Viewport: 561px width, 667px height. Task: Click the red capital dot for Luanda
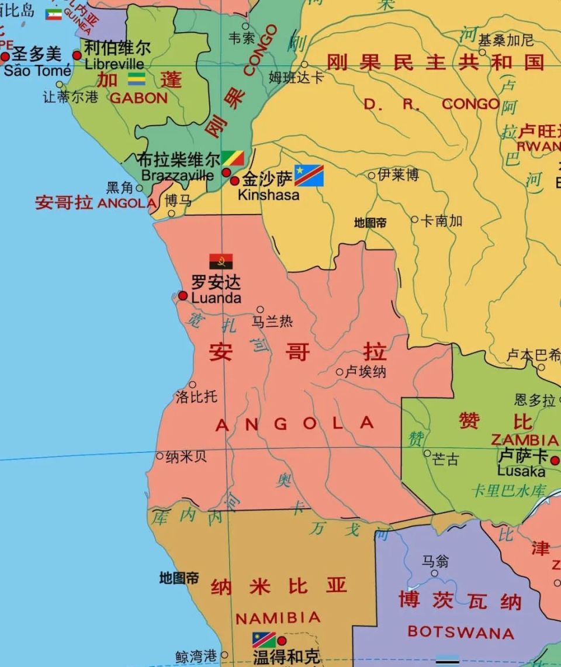[183, 296]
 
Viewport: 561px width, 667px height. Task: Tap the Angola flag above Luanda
[221, 261]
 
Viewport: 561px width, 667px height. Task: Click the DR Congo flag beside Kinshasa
[309, 175]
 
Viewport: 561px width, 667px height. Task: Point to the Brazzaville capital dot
[226, 172]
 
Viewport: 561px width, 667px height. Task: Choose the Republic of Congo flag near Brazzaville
[233, 158]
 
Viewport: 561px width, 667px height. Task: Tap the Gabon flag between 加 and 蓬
[137, 79]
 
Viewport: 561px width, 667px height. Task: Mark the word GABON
[138, 98]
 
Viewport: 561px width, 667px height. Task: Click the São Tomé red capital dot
[5, 57]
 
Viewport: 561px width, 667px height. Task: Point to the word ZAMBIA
[524, 440]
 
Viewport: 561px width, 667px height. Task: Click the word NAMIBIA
[278, 618]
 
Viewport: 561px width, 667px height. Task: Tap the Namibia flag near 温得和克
[264, 640]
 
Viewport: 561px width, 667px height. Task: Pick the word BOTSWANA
[460, 632]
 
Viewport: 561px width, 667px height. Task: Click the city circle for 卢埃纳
[340, 372]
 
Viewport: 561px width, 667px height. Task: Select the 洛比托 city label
[196, 397]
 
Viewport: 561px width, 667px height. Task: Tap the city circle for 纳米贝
[160, 456]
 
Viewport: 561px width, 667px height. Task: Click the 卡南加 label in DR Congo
[441, 220]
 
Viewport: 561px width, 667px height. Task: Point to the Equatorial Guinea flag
[54, 14]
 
